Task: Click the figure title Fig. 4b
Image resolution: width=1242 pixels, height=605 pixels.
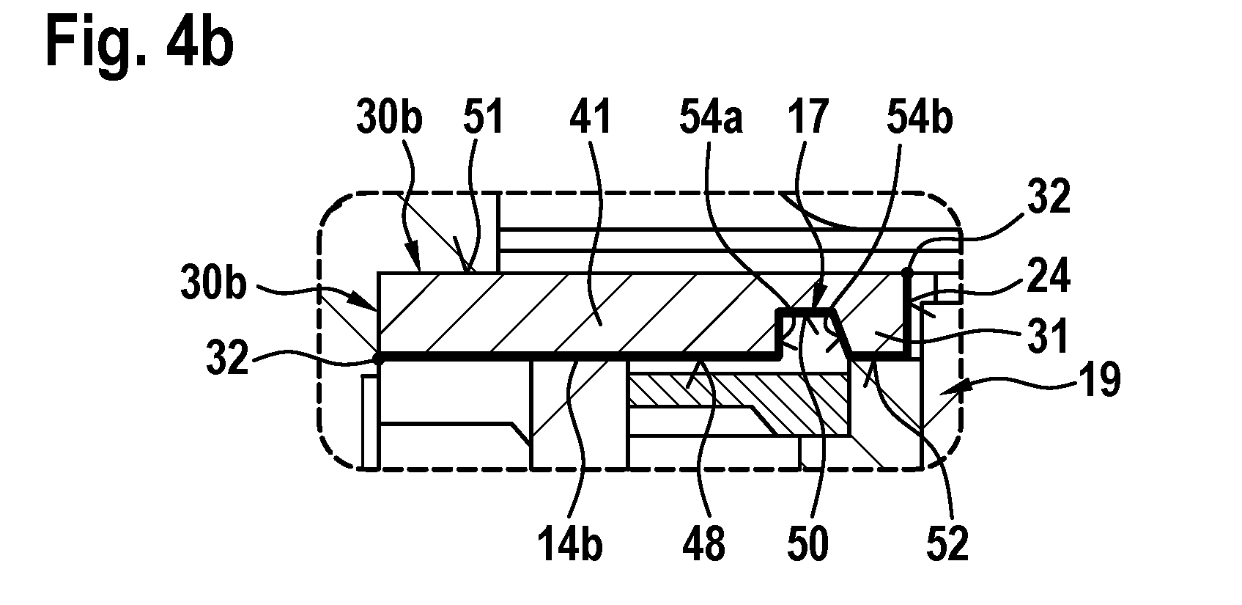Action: [x=140, y=44]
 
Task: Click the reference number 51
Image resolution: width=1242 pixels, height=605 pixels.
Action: [x=484, y=117]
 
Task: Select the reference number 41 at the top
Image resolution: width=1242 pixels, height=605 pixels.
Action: [x=591, y=117]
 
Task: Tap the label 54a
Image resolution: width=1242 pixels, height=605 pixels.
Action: [x=711, y=117]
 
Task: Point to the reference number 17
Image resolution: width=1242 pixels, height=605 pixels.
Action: [x=808, y=117]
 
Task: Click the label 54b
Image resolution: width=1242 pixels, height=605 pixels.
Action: [x=920, y=117]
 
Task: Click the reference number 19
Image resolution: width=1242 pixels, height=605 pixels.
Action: [x=1100, y=379]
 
